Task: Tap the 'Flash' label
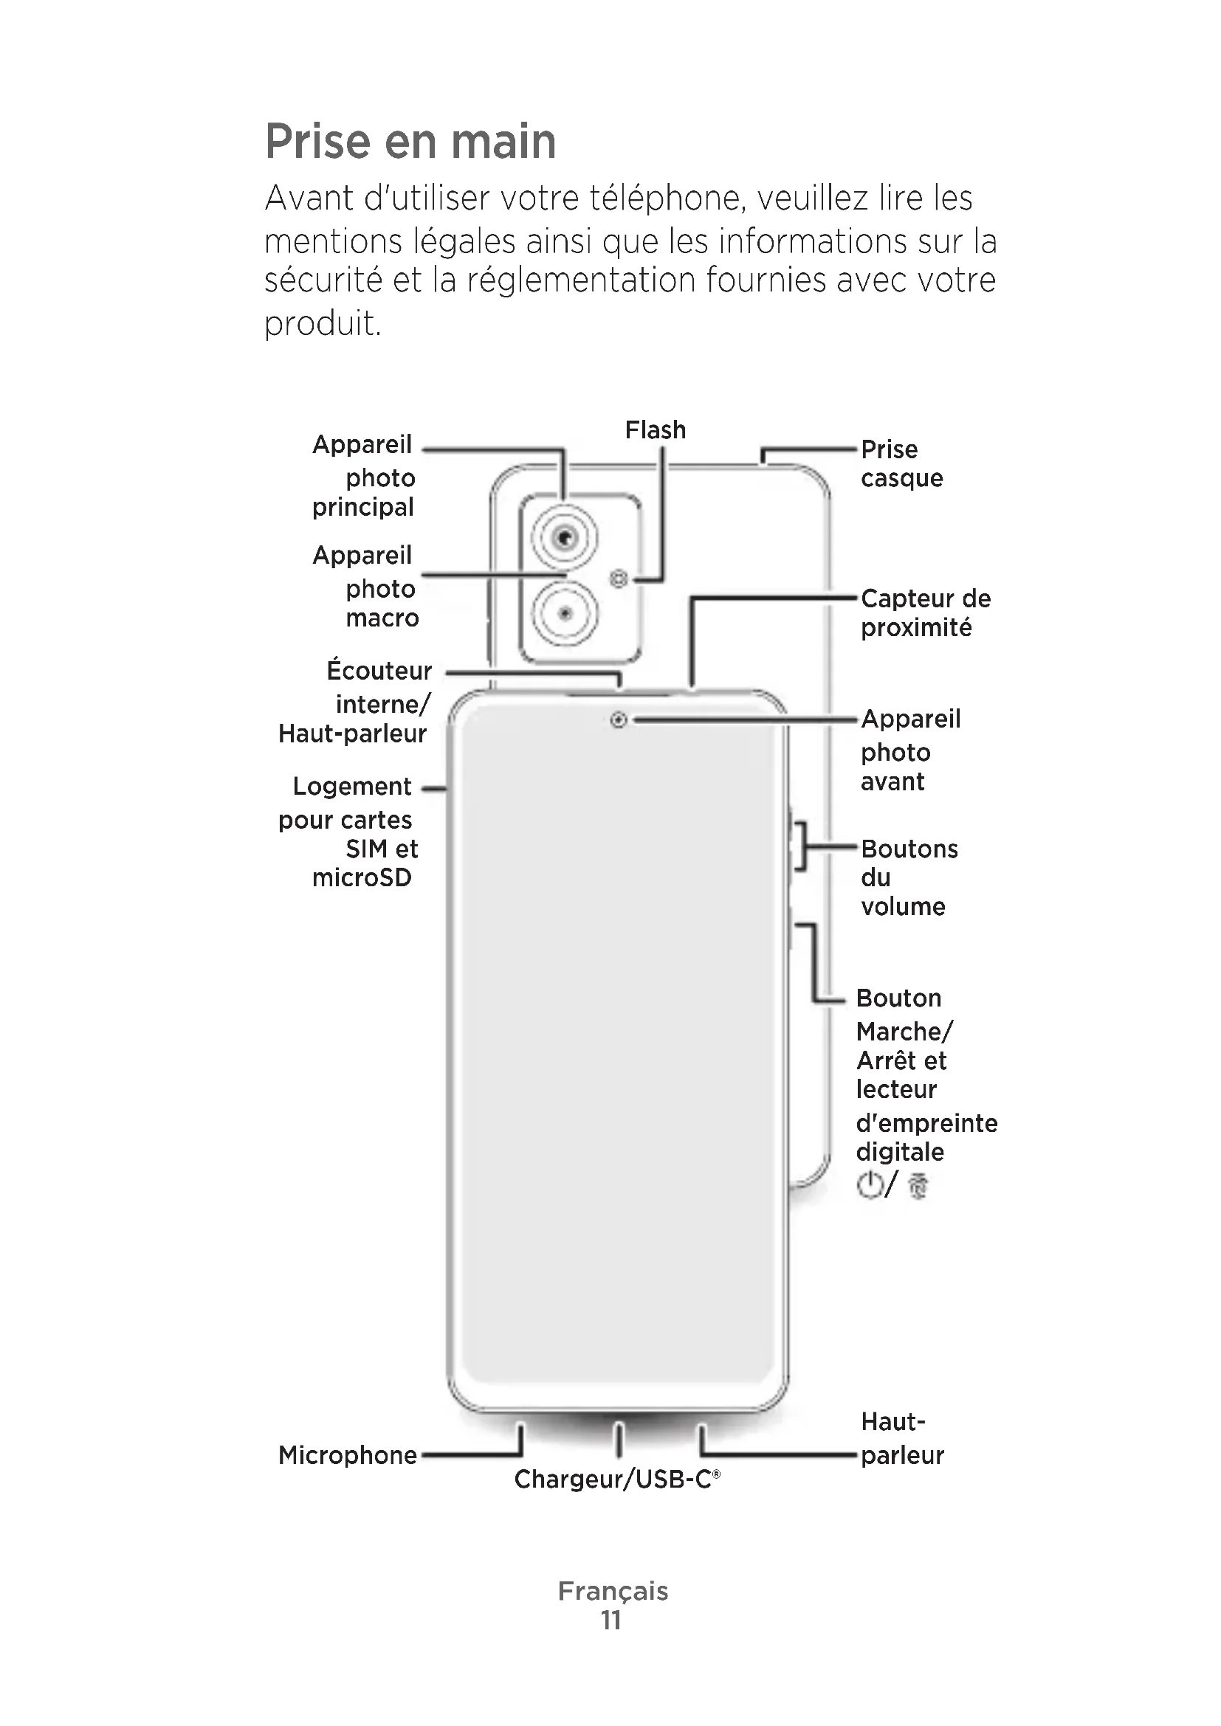click(x=655, y=430)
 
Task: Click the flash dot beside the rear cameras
click(x=619, y=579)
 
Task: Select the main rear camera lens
click(x=565, y=537)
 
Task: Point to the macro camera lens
click(x=565, y=614)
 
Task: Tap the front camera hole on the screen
click(x=618, y=720)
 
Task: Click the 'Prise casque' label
click(x=901, y=464)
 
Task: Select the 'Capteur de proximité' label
click(x=926, y=612)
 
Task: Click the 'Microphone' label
click(x=348, y=1454)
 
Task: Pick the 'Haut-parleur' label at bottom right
click(x=901, y=1438)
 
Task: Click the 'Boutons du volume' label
click(x=909, y=877)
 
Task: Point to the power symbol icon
click(x=869, y=1185)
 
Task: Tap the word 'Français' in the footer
click(x=613, y=1591)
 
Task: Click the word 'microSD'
click(x=362, y=877)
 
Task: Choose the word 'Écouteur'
click(x=379, y=671)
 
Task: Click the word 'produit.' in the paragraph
click(x=323, y=323)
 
